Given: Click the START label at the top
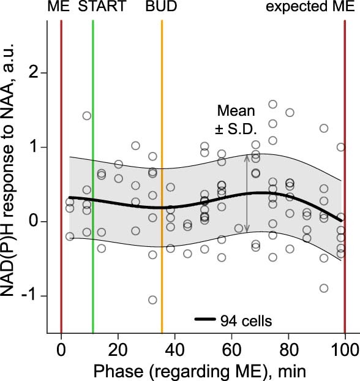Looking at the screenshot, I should [x=102, y=8].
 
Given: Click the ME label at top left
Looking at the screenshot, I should [x=59, y=8].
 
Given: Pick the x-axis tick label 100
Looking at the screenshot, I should [x=345, y=350].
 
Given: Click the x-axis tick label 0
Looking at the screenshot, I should [x=61, y=350].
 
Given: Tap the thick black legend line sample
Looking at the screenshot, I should [x=207, y=319].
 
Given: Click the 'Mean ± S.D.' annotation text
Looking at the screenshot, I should [x=236, y=120].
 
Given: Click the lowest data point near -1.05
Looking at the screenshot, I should [x=152, y=300].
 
